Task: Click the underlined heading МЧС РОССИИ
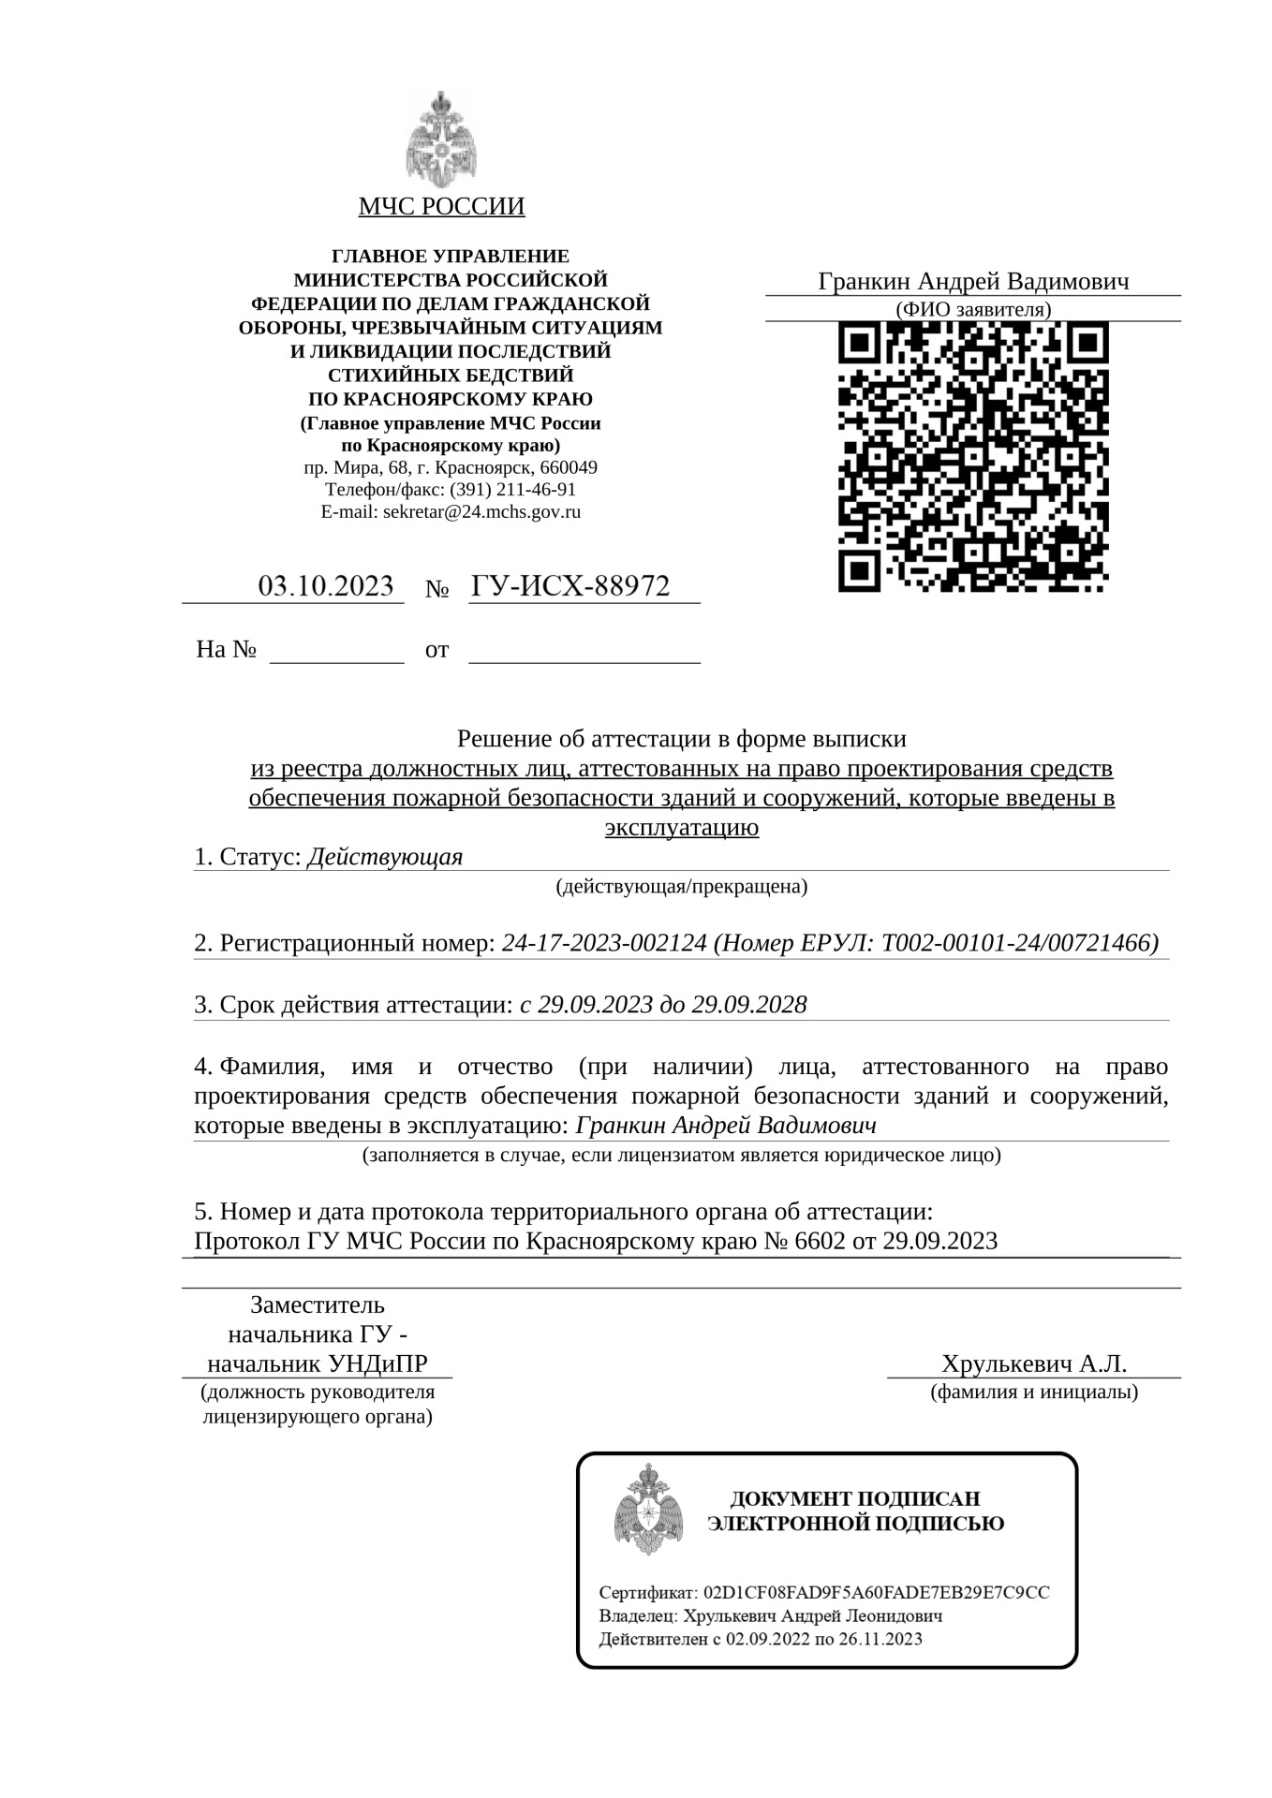click(441, 207)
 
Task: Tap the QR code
click(972, 456)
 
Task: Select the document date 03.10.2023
click(325, 586)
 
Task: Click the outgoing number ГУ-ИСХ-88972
click(570, 586)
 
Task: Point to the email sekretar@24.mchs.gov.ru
click(481, 512)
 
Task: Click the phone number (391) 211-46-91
click(512, 490)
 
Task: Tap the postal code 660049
click(568, 467)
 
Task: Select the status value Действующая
click(385, 857)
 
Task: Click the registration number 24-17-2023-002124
click(604, 943)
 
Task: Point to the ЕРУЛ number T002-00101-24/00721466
click(1015, 943)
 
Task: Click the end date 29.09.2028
click(749, 1005)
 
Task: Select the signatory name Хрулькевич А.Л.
click(1034, 1363)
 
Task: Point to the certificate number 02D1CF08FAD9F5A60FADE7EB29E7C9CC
click(876, 1593)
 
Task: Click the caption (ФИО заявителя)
click(972, 310)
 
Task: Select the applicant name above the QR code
click(973, 282)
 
